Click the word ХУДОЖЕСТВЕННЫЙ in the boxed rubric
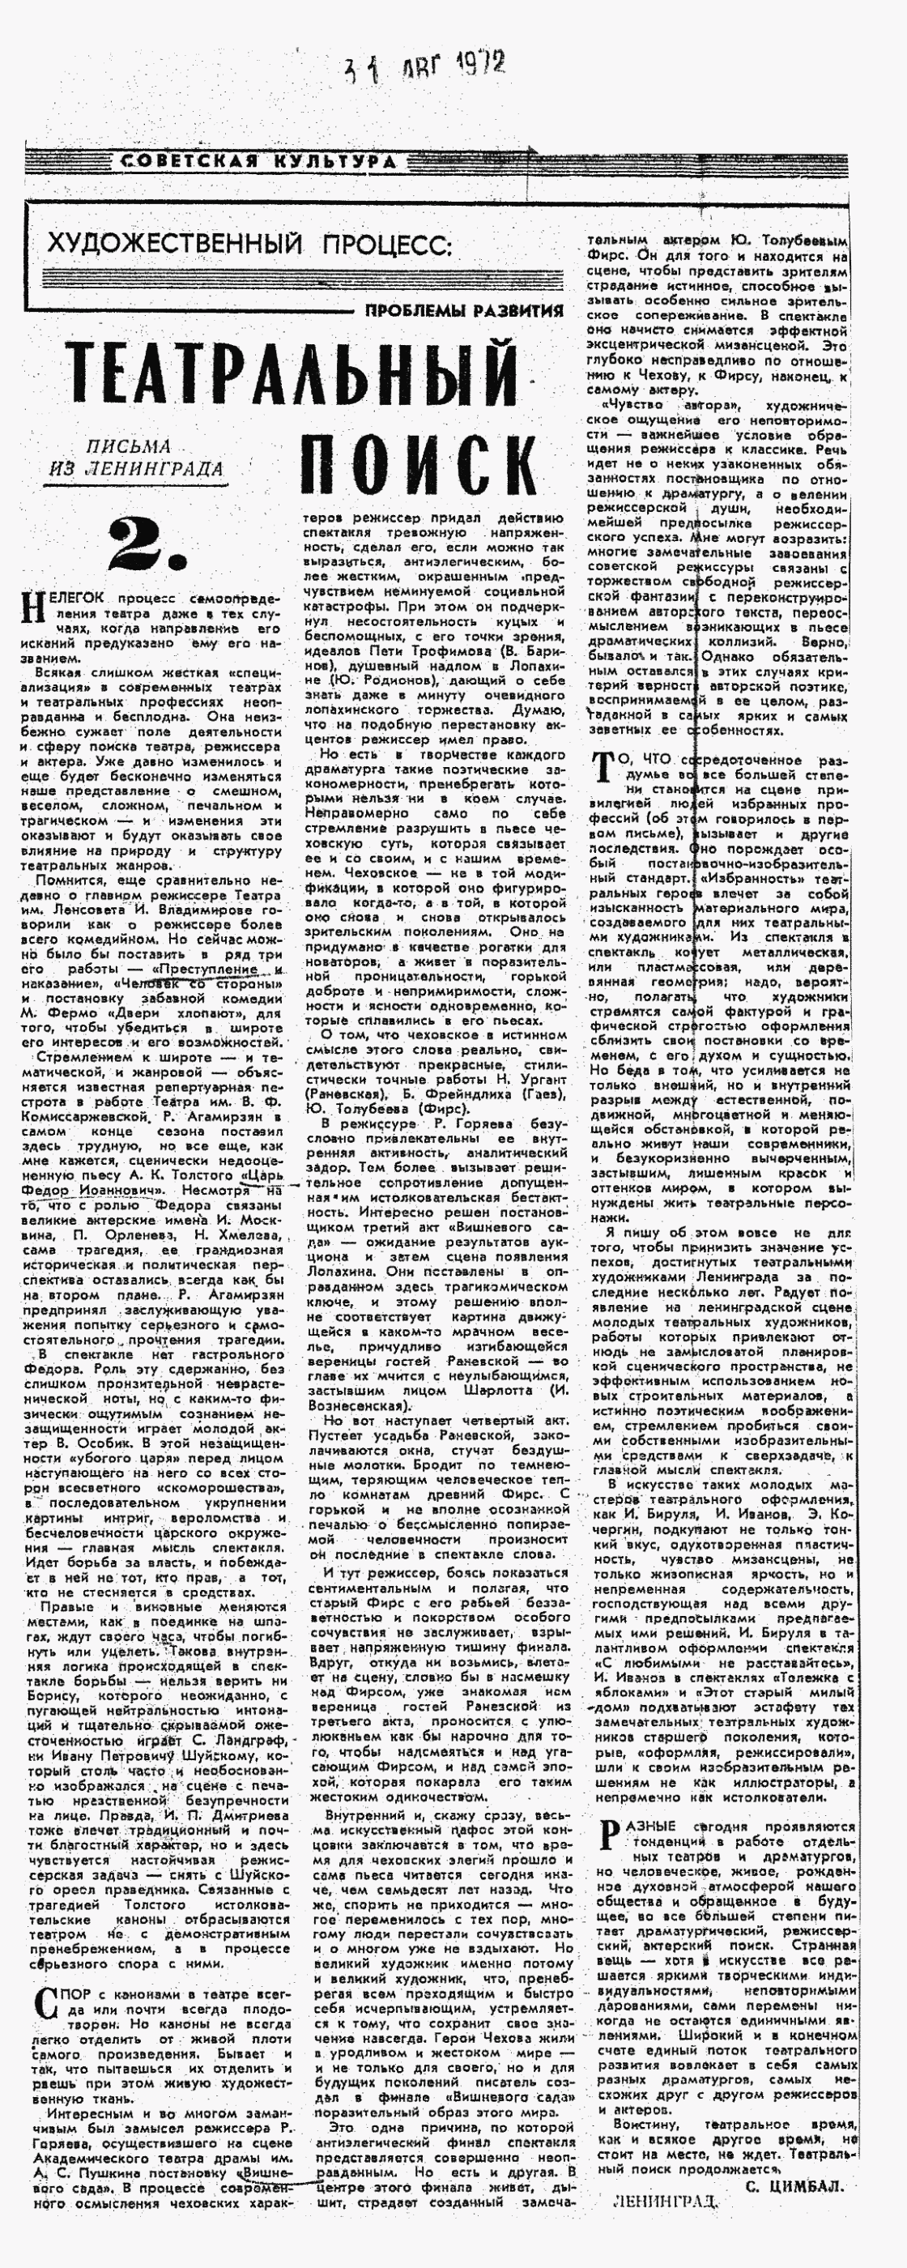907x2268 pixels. click(174, 244)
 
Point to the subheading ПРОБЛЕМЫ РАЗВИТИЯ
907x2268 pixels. click(464, 310)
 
